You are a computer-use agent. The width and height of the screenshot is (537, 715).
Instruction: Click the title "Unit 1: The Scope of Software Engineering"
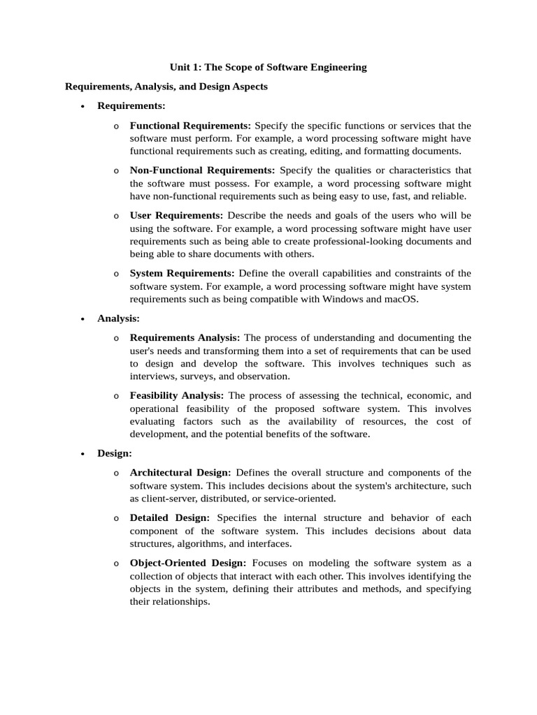click(268, 68)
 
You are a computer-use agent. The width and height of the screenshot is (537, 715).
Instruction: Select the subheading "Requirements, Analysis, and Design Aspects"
click(166, 87)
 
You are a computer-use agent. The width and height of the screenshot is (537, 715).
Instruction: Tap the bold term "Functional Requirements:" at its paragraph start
click(190, 126)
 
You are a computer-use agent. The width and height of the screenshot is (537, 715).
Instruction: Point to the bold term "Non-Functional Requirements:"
click(203, 170)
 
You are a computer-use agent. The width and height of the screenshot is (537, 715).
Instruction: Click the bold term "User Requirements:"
click(176, 216)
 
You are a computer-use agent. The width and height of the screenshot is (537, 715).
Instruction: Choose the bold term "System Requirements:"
click(182, 273)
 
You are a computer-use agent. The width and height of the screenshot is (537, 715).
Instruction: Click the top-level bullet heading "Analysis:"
click(118, 318)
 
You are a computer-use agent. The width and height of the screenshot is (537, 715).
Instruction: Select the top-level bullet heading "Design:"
click(115, 453)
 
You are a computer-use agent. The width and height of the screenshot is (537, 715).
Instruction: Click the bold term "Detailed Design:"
click(170, 518)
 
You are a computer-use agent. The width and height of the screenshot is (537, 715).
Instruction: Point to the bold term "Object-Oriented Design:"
click(188, 563)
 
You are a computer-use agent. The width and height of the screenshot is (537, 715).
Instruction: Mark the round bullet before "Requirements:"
click(83, 107)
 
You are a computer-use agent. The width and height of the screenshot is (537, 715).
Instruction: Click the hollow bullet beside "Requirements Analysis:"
click(115, 338)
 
